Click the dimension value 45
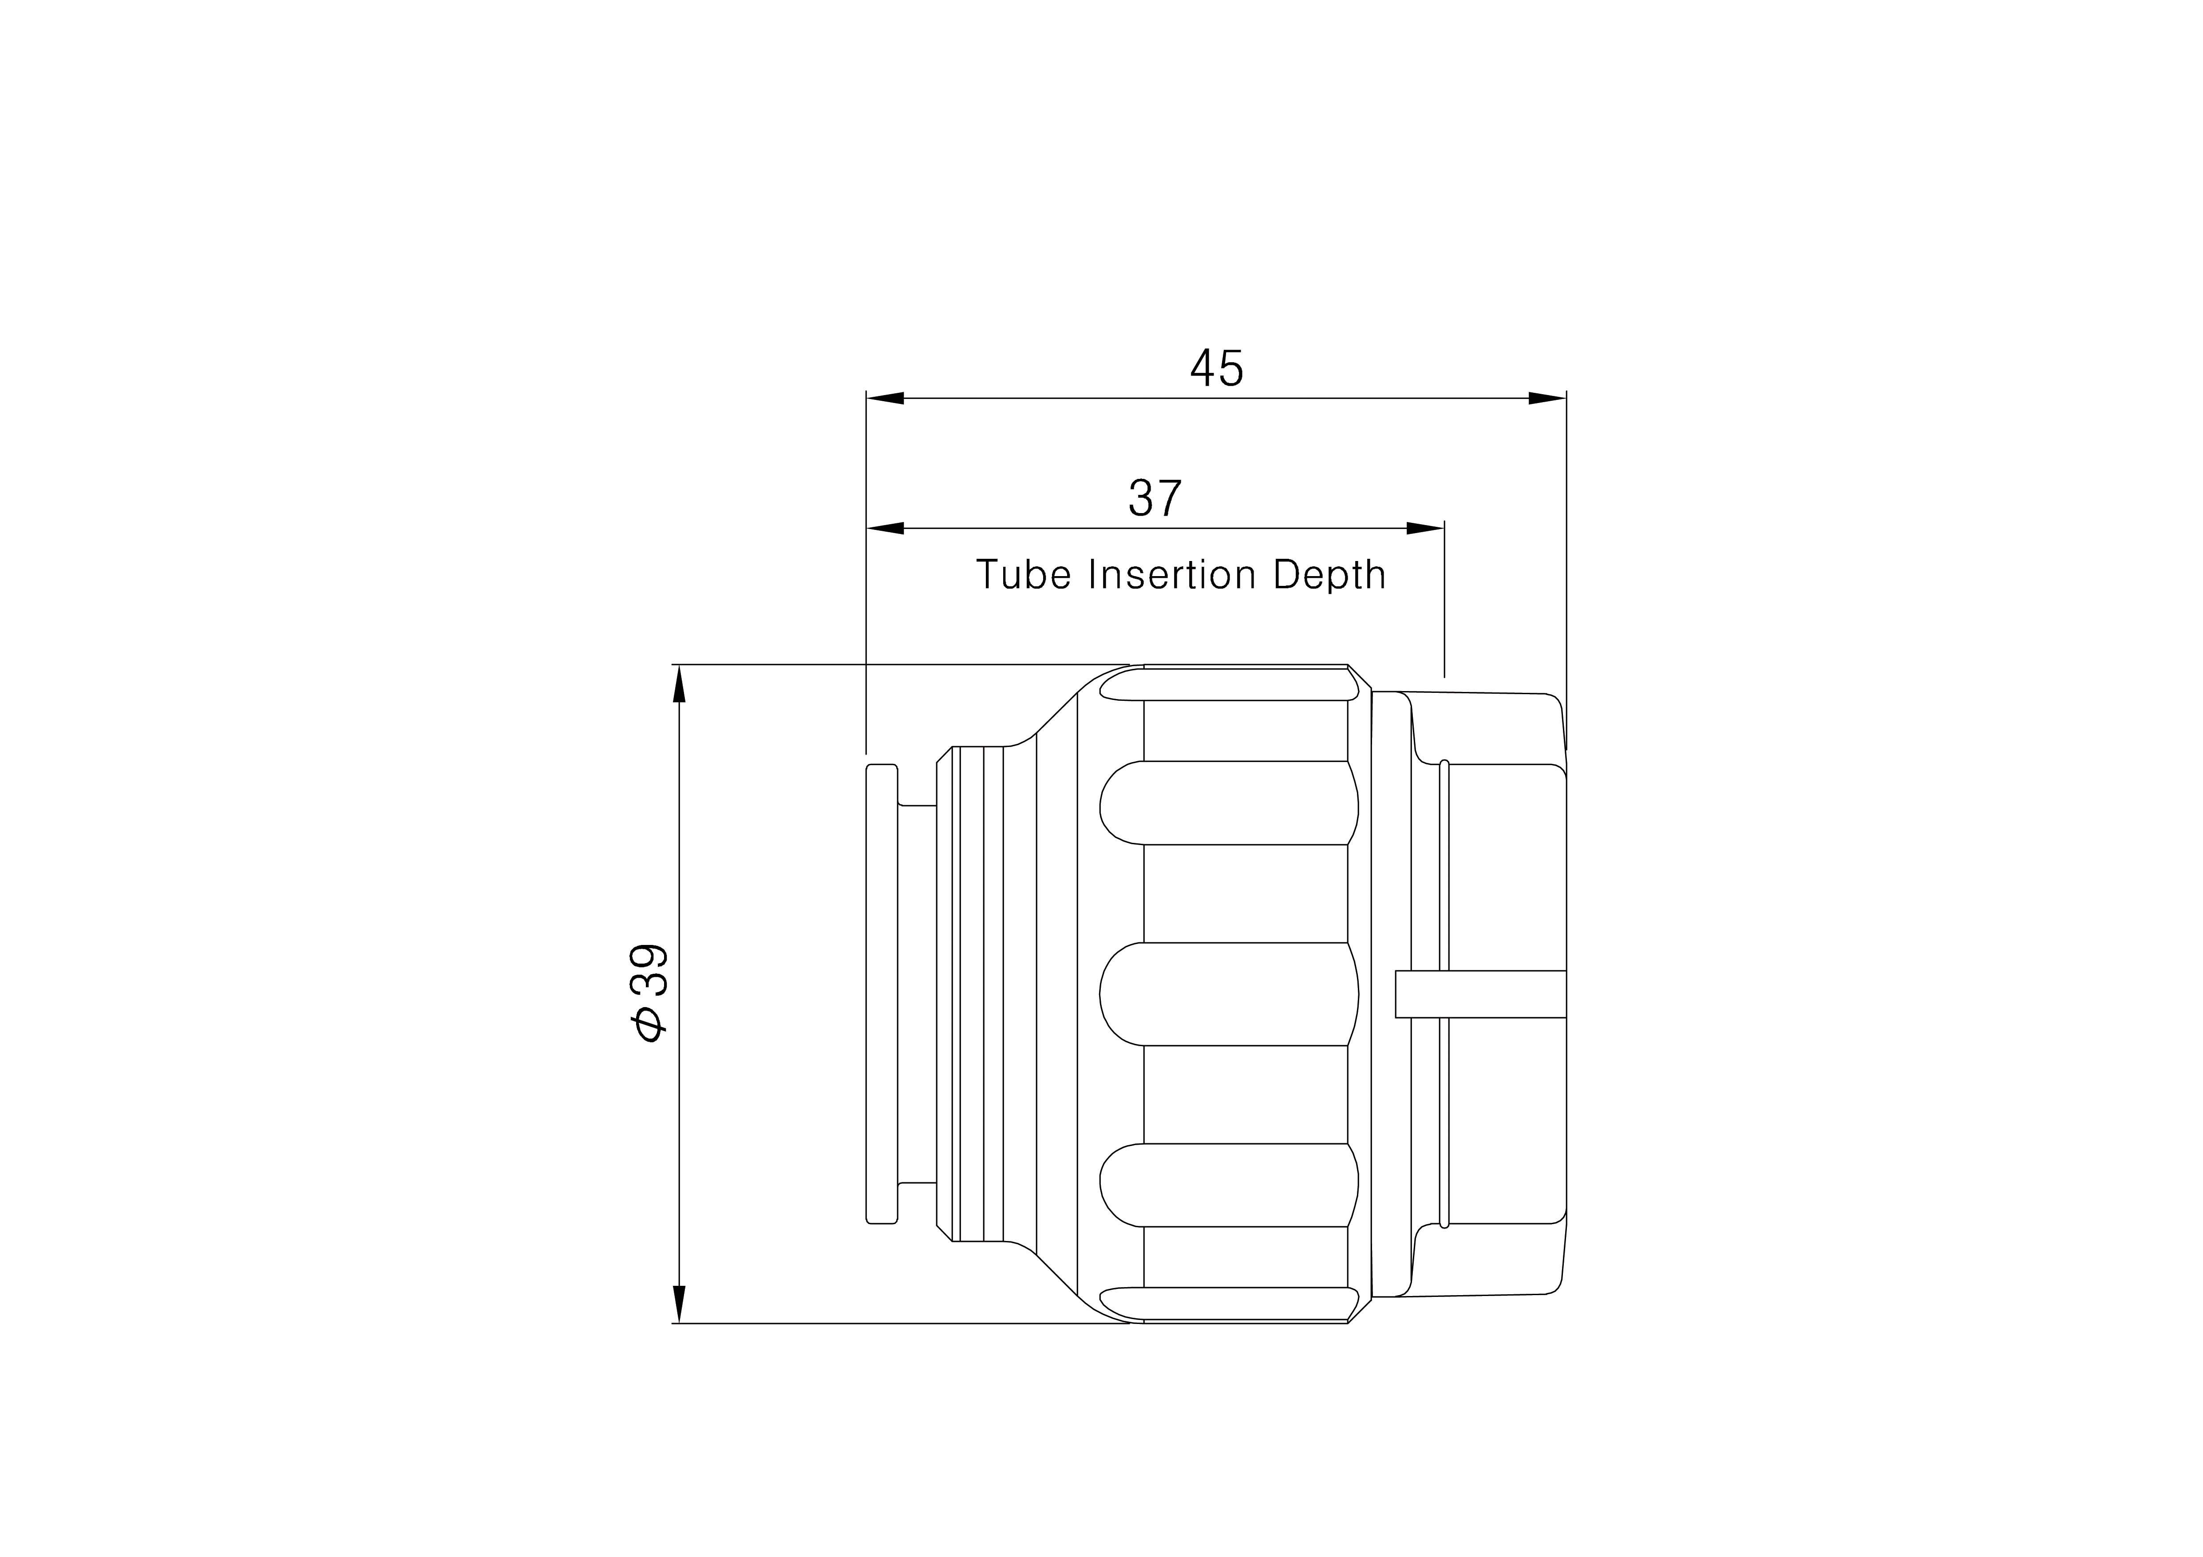pos(1217,368)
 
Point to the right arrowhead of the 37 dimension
pos(1426,529)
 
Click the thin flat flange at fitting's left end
pos(882,994)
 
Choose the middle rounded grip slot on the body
pos(1228,994)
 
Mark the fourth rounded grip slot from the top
pos(1228,1185)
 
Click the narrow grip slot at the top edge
pos(1228,684)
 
